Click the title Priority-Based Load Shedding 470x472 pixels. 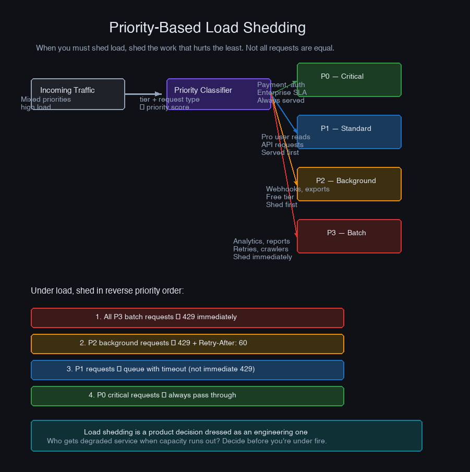pos(207,28)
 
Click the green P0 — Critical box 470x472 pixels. pos(349,80)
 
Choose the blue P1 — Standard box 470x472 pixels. pos(349,132)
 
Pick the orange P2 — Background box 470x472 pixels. pos(349,184)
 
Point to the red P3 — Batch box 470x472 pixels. pos(349,236)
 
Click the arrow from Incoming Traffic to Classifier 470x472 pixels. pos(143,94)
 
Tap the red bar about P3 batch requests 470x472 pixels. pos(187,318)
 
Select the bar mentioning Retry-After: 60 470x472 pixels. pos(187,344)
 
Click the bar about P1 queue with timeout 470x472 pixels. pos(187,370)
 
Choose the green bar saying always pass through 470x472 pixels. pos(187,396)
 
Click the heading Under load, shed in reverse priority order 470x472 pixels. pos(107,291)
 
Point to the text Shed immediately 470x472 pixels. pos(262,257)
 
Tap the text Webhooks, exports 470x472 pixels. pos(297,189)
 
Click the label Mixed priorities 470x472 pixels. pos(46,99)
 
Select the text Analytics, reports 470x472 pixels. pos(261,241)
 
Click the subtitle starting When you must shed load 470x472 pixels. pos(185,48)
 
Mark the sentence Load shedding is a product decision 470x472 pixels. pos(196,432)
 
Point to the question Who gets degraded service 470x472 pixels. pos(187,441)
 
